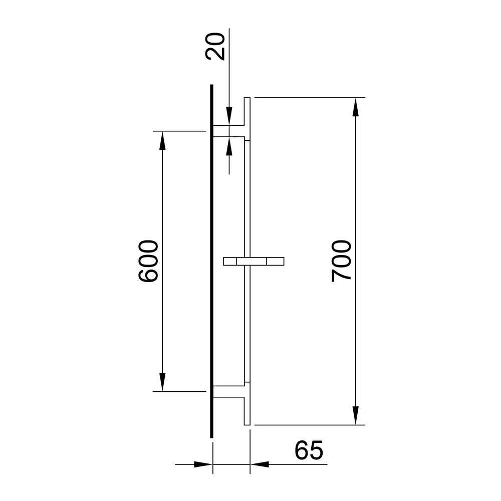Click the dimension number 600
[148, 261]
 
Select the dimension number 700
[341, 261]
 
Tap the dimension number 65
[309, 450]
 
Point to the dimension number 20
[215, 46]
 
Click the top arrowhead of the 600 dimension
[162, 140]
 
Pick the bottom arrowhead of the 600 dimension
[162, 382]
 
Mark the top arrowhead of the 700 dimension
[356, 107]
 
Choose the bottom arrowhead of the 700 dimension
[356, 416]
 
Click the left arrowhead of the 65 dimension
[203, 464]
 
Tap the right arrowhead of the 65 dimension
[260, 464]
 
